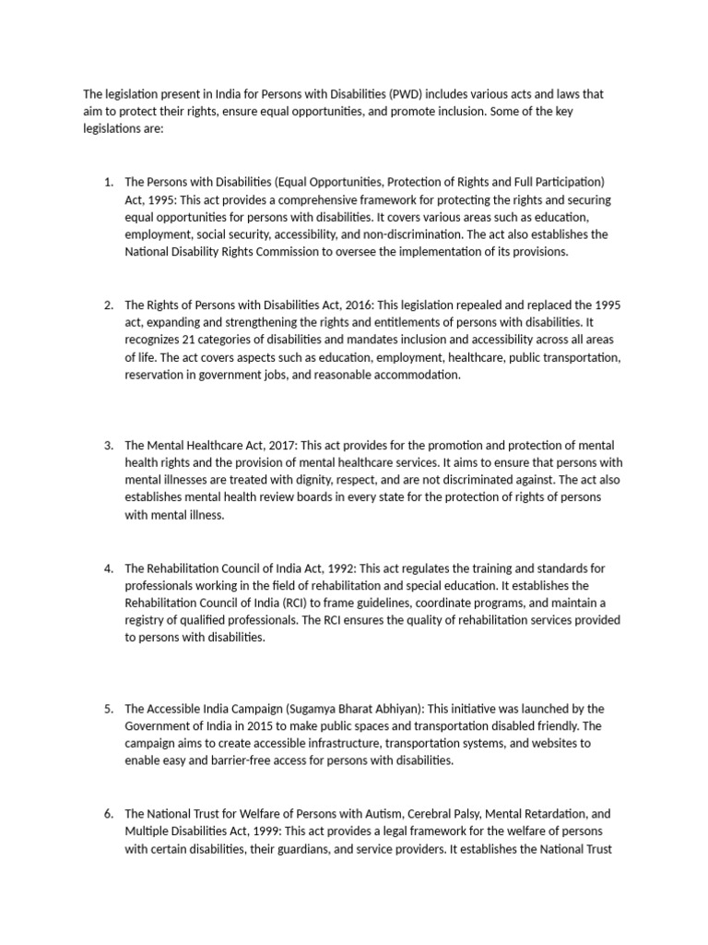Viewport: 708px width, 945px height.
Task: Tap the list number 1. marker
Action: coord(109,183)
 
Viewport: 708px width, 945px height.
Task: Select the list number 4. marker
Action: coord(109,568)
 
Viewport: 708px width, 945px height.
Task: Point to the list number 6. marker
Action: coord(109,814)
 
